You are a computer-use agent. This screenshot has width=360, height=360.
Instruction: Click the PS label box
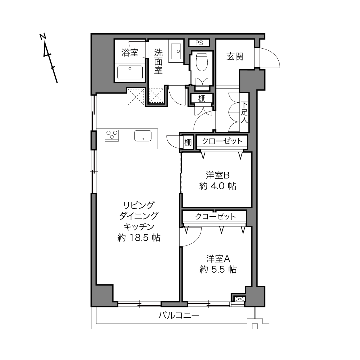tap(199, 43)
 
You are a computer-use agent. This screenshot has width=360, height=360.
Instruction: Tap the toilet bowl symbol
tap(202, 62)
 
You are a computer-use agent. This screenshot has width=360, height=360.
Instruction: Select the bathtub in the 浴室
tap(130, 72)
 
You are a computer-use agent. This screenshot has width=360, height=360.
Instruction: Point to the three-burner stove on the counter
tap(112, 136)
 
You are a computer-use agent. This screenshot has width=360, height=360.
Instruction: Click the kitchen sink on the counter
tap(143, 136)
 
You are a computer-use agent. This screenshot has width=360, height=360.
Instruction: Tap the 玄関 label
tap(235, 57)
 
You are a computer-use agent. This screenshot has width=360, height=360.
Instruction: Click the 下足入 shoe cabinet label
tap(244, 112)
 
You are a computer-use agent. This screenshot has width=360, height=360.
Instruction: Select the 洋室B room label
tap(218, 175)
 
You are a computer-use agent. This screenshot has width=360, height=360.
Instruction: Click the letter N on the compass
tap(43, 37)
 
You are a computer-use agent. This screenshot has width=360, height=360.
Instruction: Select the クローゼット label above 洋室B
tap(222, 141)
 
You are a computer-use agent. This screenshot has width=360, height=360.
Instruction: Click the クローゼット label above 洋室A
tap(215, 217)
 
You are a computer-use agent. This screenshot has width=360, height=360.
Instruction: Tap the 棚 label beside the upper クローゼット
tap(188, 142)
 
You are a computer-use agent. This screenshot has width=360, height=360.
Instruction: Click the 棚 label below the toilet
tap(202, 98)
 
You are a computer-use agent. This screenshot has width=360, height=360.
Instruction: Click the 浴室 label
tap(130, 53)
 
